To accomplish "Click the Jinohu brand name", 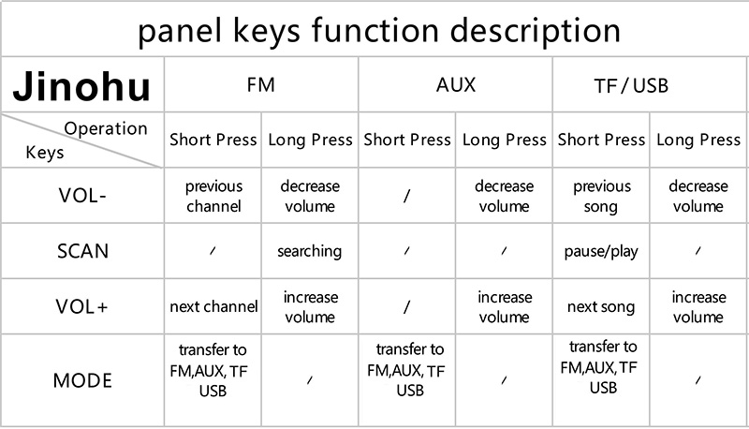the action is (81, 86).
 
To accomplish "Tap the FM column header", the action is (261, 85).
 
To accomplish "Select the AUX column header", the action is (456, 85).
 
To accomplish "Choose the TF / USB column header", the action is (631, 86).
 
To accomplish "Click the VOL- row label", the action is (82, 196).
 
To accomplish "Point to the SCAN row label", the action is (82, 251).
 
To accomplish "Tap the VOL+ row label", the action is (81, 306).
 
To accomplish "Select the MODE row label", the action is (82, 380).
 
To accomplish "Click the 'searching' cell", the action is (310, 251).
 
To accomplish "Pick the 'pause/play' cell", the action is (601, 251).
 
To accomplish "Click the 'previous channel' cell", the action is (213, 196).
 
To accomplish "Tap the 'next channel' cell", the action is (213, 306).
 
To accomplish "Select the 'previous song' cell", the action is (601, 196).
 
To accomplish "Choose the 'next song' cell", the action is (601, 306).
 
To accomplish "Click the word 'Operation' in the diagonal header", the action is (106, 128).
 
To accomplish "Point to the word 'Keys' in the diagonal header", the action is (44, 153).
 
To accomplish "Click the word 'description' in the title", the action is (535, 31).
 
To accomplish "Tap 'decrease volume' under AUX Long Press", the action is (504, 196).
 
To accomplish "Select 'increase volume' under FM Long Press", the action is (311, 306).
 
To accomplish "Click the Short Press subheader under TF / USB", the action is (601, 140).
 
